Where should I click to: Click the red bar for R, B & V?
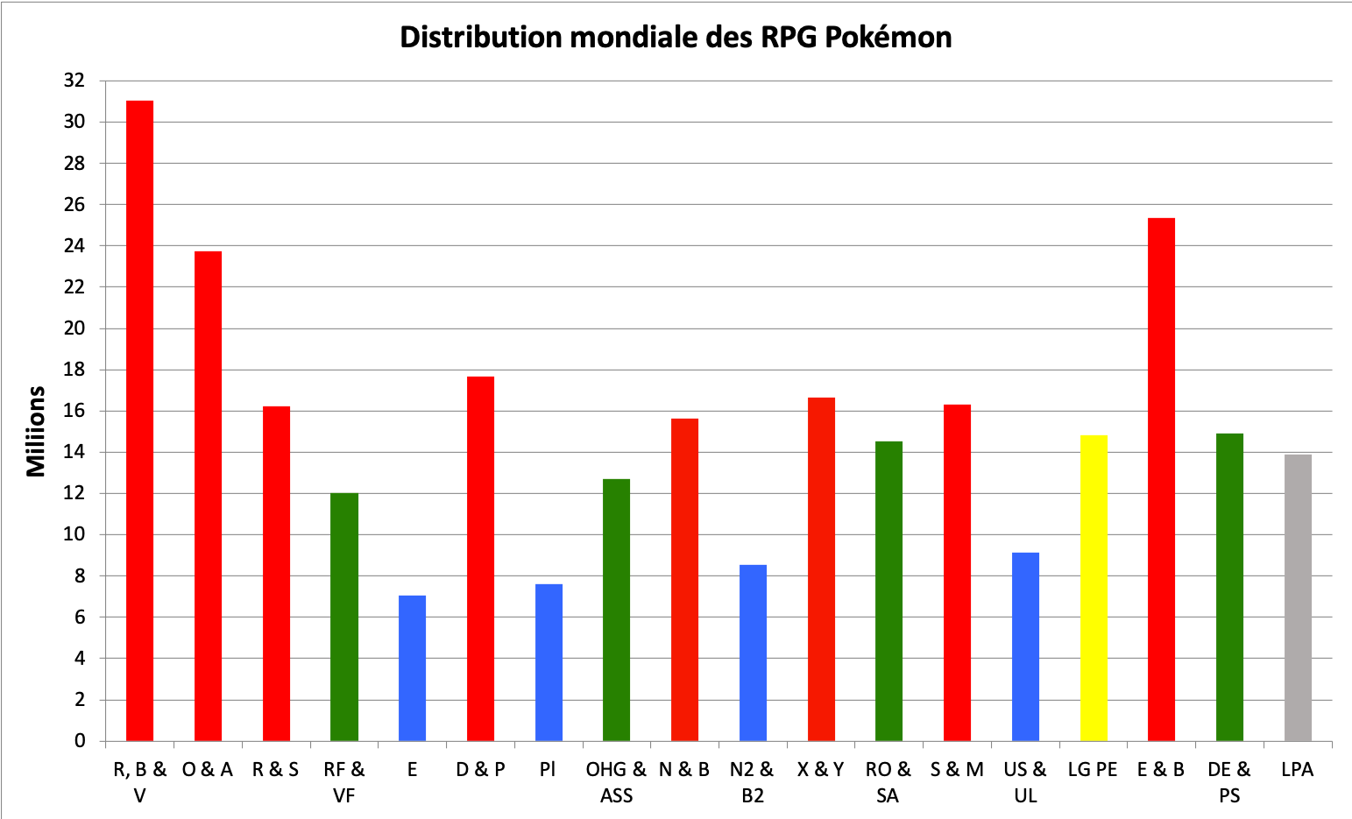coord(139,420)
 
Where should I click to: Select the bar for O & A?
coord(208,496)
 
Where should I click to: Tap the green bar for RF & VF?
coord(344,617)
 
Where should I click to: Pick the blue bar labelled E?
coord(412,667)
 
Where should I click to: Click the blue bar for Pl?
coord(549,662)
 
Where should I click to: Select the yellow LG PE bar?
coord(1094,588)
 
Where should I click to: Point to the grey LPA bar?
coord(1298,597)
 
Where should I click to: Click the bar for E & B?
coord(1161,479)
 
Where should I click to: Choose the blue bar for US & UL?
coord(1025,646)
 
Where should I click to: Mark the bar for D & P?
coord(480,558)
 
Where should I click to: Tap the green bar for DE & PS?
coord(1229,587)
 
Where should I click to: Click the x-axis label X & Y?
coord(820,770)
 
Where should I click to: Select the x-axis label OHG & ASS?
coord(616,782)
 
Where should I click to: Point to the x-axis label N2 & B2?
coord(752,782)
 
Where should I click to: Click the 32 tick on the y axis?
coord(74,81)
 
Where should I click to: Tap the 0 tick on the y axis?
coord(80,741)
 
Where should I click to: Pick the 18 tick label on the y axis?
coord(74,370)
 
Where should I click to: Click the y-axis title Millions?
coord(36,431)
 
